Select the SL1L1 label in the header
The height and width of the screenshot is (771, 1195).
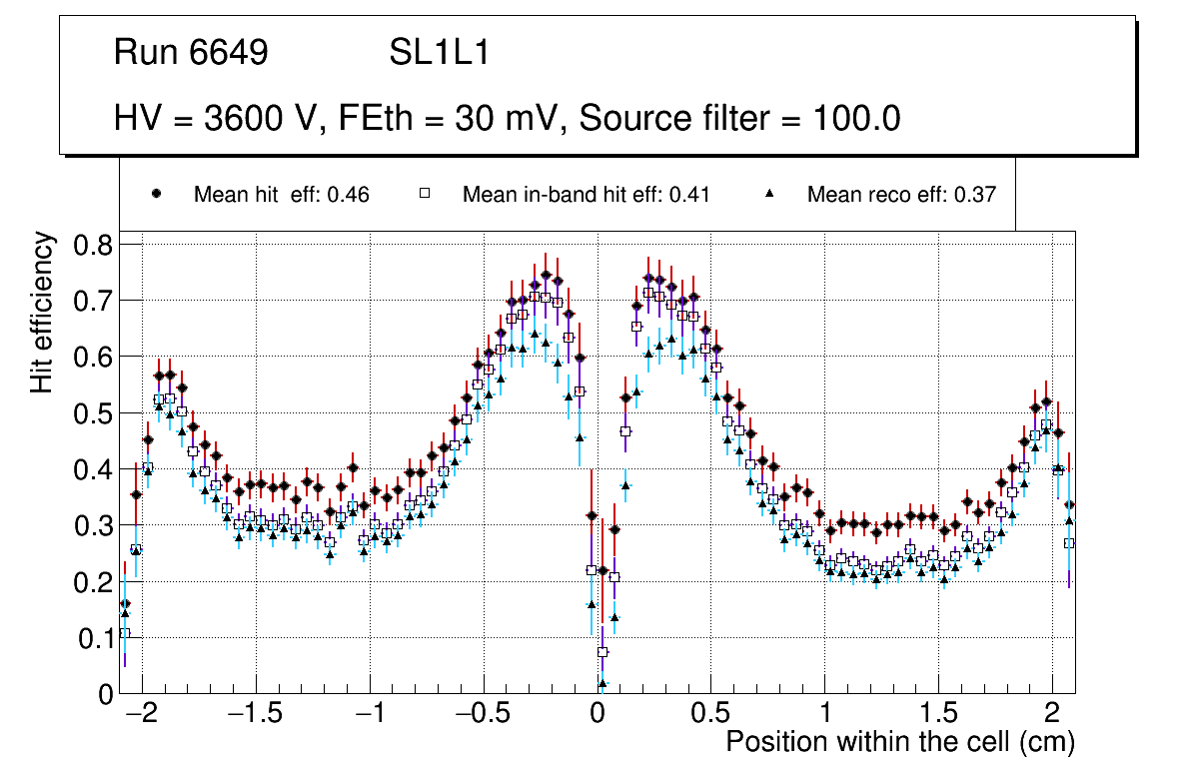click(439, 53)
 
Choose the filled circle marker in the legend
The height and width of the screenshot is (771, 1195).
click(156, 194)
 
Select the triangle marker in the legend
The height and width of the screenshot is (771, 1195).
click(769, 194)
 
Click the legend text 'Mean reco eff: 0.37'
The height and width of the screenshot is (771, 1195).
click(901, 195)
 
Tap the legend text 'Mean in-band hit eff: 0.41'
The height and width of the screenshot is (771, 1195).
click(586, 195)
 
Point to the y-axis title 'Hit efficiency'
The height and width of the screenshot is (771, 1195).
click(43, 312)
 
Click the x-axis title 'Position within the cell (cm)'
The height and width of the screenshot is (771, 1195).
click(899, 742)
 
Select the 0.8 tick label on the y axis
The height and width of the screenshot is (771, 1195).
click(97, 245)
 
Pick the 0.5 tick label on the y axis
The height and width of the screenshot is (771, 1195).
click(97, 413)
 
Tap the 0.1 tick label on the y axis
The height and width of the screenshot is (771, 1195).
click(97, 638)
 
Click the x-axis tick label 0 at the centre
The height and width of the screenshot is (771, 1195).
click(597, 715)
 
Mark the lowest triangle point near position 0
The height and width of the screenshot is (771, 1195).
click(602, 684)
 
